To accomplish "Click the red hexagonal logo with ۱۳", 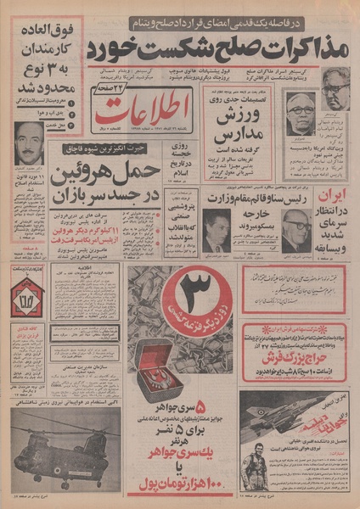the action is click(x=25, y=297).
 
